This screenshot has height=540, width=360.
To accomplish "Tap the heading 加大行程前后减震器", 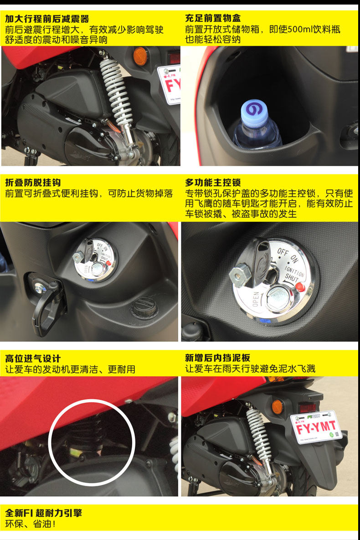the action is click(x=47, y=19).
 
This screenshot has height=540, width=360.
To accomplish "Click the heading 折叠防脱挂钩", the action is click(x=33, y=183).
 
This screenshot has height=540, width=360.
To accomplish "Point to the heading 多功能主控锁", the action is click(x=213, y=182).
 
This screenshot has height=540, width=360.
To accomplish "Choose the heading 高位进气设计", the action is click(x=33, y=358).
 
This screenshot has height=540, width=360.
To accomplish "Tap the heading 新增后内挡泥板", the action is click(x=217, y=358).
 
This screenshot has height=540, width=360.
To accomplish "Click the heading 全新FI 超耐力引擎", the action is click(x=43, y=513).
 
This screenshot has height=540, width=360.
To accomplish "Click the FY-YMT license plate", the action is click(x=316, y=427).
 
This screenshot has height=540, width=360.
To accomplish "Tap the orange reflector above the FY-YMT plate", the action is click(x=277, y=407).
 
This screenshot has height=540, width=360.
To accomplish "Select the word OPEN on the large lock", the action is click(x=256, y=299).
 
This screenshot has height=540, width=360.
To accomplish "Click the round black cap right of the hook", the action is click(x=144, y=307).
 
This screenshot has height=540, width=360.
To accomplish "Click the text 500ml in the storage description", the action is click(x=299, y=29).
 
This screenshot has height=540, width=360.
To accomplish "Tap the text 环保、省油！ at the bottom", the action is click(x=30, y=524).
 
